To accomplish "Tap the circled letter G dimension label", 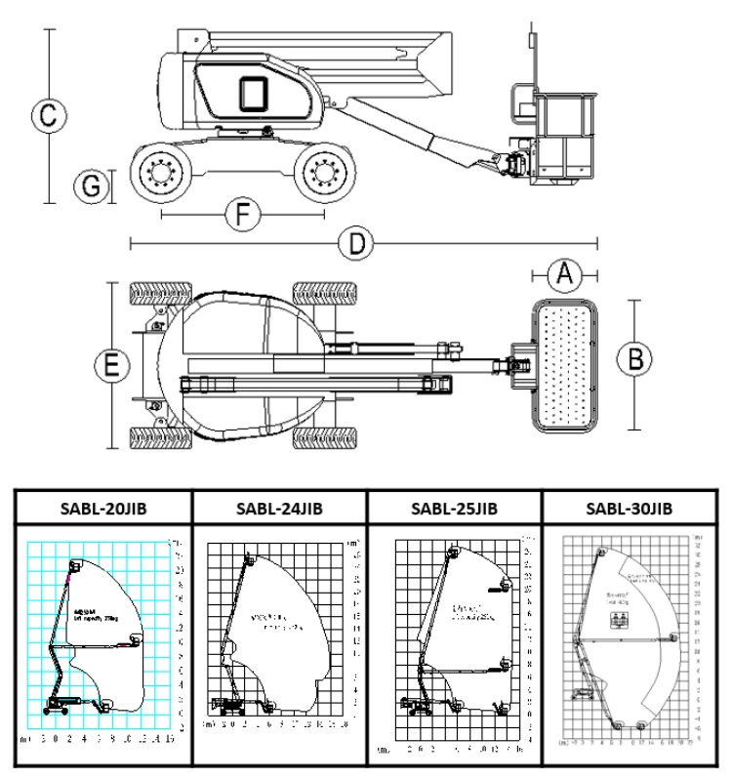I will click(92, 185).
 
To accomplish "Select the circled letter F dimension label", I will click(239, 213).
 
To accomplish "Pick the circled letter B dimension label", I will click(635, 359).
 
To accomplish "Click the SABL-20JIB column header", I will click(102, 508).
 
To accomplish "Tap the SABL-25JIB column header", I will click(453, 508).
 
